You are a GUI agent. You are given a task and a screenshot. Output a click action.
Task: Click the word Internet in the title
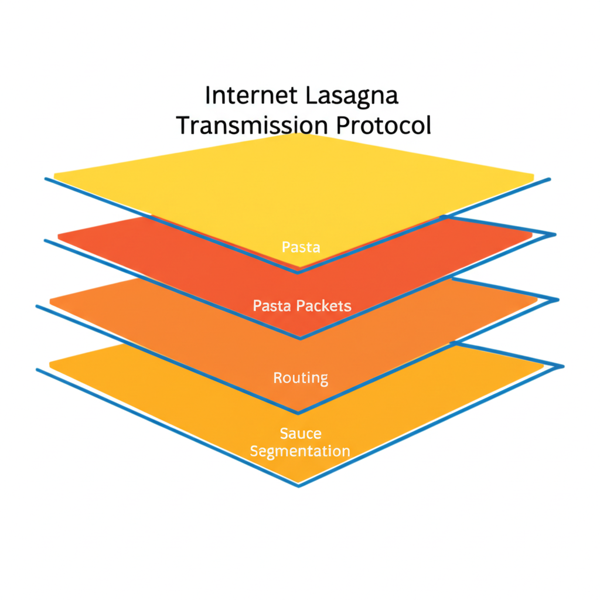pos(251,95)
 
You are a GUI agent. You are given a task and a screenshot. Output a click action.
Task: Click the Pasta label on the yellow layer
pos(301,247)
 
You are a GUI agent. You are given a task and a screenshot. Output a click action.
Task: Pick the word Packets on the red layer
pos(323,306)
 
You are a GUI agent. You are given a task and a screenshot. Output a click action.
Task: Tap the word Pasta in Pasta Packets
pos(272,306)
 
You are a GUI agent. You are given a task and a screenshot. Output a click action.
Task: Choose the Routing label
pos(301,378)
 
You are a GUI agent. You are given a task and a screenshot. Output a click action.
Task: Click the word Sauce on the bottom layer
pos(301,434)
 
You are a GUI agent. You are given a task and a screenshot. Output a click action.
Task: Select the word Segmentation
pos(300,451)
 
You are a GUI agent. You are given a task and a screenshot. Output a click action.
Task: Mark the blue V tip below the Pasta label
pos(298,272)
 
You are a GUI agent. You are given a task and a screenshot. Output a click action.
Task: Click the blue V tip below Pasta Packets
pos(300,338)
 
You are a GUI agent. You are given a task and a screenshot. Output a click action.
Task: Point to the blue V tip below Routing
pos(298,413)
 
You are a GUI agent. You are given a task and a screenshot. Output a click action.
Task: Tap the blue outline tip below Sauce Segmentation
pos(298,486)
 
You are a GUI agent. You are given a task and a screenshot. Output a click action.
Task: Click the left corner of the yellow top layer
pos(54,176)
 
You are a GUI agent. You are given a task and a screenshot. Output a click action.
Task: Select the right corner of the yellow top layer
pos(533,176)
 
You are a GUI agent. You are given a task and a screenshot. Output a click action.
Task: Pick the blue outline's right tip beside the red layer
pos(555,234)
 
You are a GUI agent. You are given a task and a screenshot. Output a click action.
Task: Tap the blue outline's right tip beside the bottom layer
pos(563,367)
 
